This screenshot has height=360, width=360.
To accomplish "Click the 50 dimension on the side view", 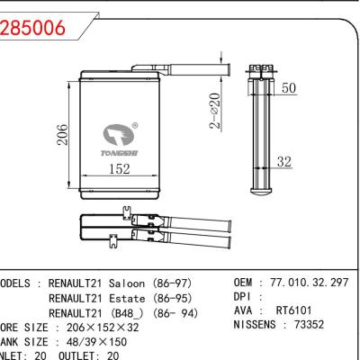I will click(x=290, y=88).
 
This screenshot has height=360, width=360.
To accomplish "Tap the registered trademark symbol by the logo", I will click(x=135, y=125).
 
